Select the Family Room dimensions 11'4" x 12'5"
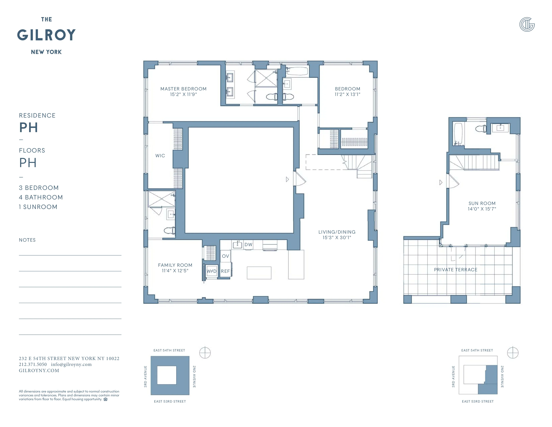click(175, 271)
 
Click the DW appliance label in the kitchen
click(248, 245)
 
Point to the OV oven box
click(225, 256)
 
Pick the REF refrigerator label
click(225, 271)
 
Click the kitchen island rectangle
click(259, 273)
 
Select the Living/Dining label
click(337, 232)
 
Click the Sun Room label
click(482, 203)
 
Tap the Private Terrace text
click(455, 270)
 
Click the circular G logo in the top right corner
click(527, 25)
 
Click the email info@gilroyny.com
click(71, 365)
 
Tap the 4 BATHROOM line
click(41, 197)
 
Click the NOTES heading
click(27, 240)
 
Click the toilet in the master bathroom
click(271, 97)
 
